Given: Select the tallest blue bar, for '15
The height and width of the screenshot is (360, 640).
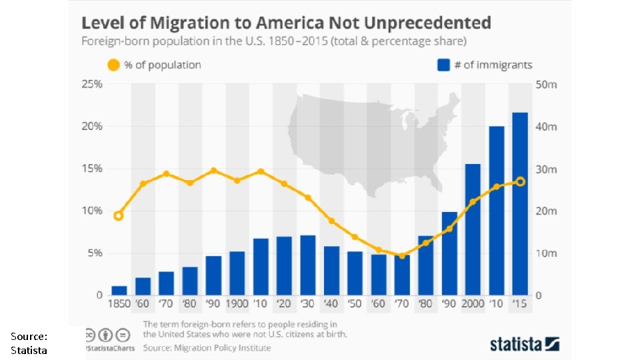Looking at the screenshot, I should click(520, 203).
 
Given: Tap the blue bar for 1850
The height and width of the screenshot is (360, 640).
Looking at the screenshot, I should click(119, 291).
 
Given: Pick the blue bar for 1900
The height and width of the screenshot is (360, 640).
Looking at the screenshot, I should click(237, 273).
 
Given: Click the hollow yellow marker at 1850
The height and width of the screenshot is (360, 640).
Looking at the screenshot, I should click(119, 215).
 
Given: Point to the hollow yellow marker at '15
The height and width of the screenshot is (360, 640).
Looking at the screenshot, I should click(520, 181).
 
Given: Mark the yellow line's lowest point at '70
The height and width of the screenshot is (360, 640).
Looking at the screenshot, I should click(401, 255).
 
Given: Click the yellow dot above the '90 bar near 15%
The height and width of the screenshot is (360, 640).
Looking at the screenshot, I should click(213, 171).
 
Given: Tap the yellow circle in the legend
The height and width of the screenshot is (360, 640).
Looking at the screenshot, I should click(113, 65).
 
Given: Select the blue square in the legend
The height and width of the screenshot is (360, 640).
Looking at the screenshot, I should click(443, 65).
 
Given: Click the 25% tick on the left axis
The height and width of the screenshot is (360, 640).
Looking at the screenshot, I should click(91, 85).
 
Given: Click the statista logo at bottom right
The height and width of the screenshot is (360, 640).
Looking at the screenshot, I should click(524, 344).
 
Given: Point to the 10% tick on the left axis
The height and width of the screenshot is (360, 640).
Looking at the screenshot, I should click(91, 211).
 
